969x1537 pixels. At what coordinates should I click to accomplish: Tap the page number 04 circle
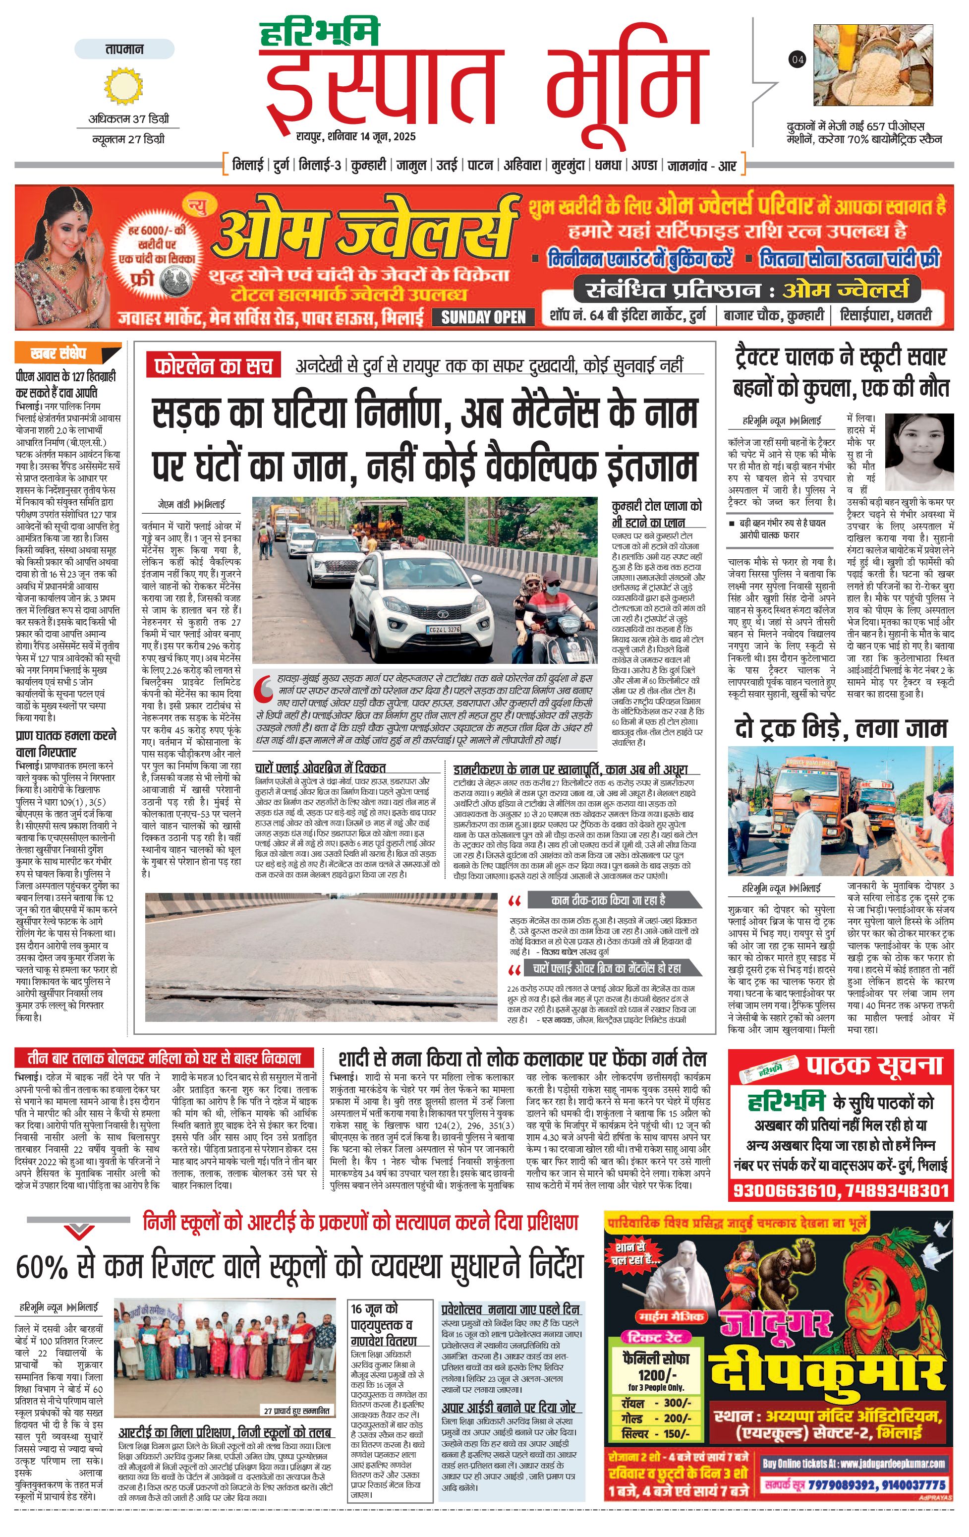click(798, 59)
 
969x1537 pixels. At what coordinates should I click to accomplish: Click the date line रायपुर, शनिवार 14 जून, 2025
click(355, 136)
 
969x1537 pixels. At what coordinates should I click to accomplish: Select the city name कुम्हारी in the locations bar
click(369, 165)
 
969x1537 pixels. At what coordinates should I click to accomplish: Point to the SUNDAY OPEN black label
click(484, 317)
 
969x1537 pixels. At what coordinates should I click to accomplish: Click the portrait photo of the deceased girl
click(918, 452)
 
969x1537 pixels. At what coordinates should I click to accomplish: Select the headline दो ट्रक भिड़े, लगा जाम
click(840, 728)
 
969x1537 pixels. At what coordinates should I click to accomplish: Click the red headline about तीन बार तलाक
click(164, 1057)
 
